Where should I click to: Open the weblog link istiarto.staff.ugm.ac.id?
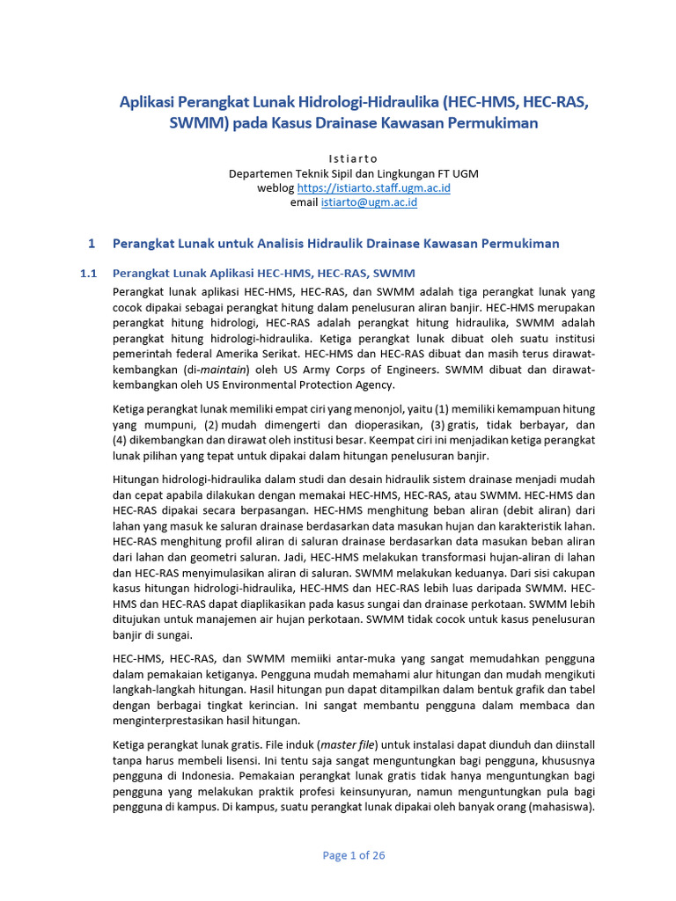[x=374, y=187]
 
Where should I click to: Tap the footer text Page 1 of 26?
[x=354, y=854]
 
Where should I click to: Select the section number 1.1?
[x=88, y=274]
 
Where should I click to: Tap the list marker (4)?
[x=122, y=440]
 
